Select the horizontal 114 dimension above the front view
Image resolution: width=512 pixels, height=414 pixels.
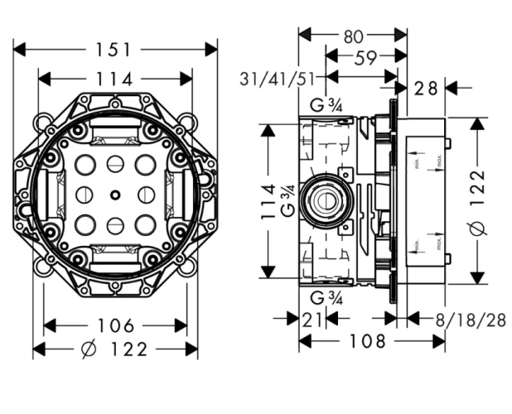114,79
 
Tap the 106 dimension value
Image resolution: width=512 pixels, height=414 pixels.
114,325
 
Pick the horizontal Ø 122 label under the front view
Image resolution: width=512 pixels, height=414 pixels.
114,349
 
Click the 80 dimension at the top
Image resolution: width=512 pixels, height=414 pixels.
352,36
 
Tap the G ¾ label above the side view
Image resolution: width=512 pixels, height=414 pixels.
326,104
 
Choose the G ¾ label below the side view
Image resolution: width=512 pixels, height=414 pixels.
326,298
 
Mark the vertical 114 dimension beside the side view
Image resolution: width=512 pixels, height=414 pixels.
268,201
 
